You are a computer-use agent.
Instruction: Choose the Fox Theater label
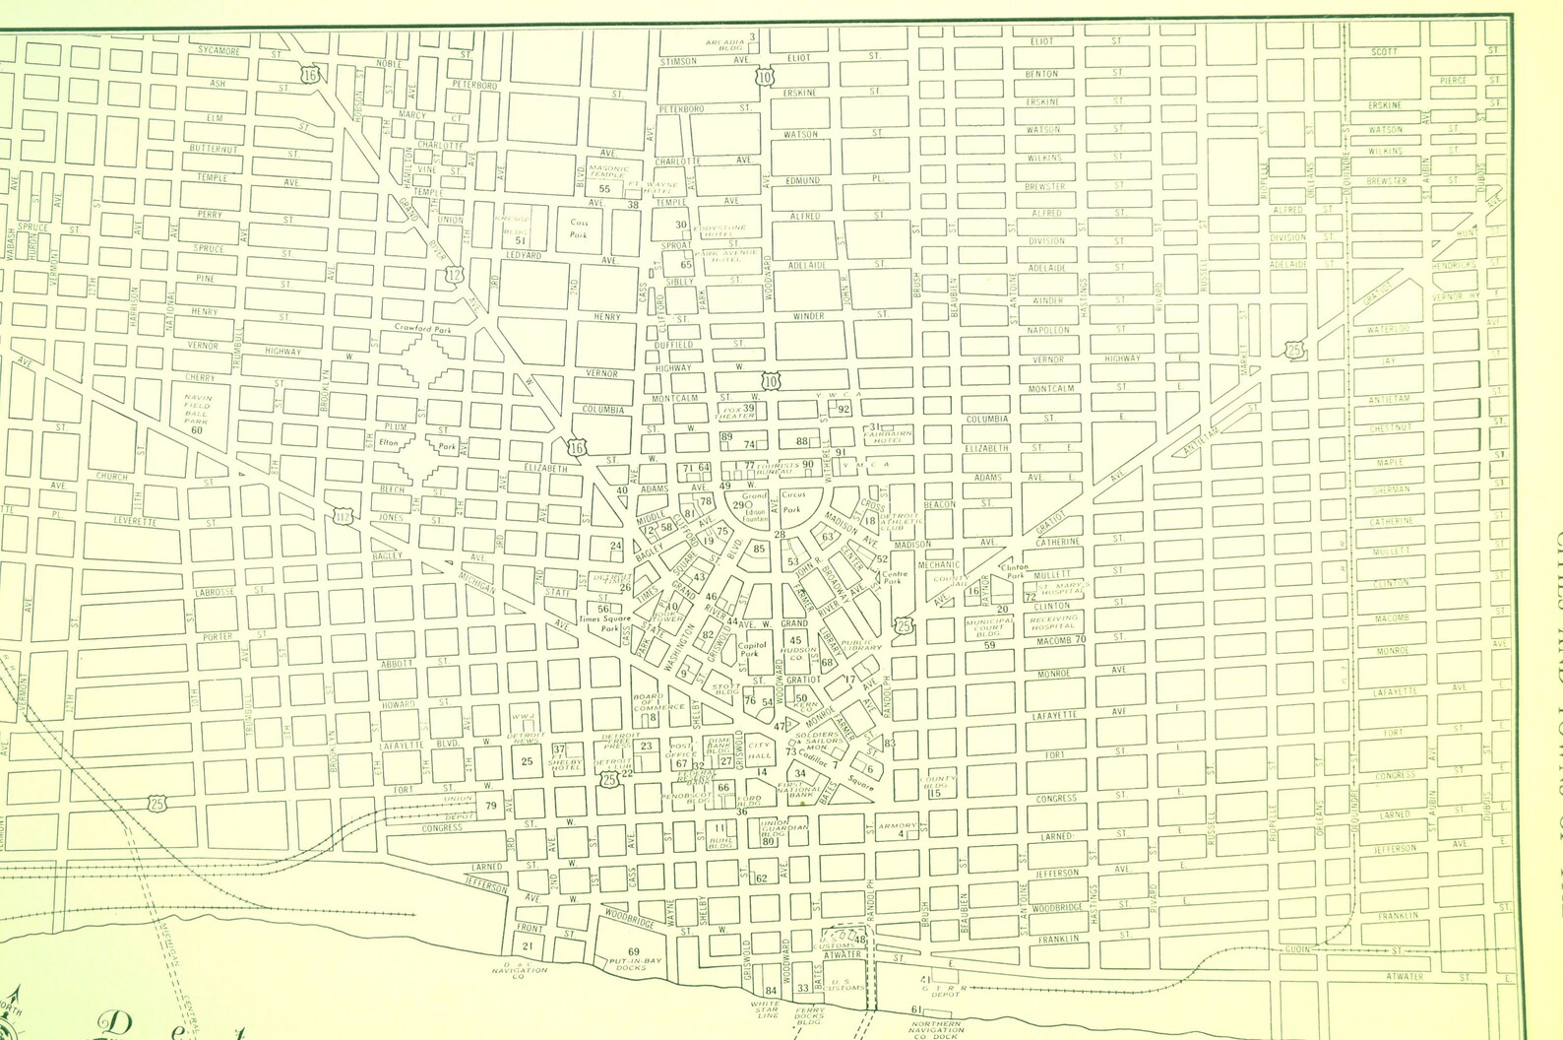[732, 411]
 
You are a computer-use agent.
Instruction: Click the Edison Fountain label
[755, 514]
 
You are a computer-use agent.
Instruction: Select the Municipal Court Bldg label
[989, 628]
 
